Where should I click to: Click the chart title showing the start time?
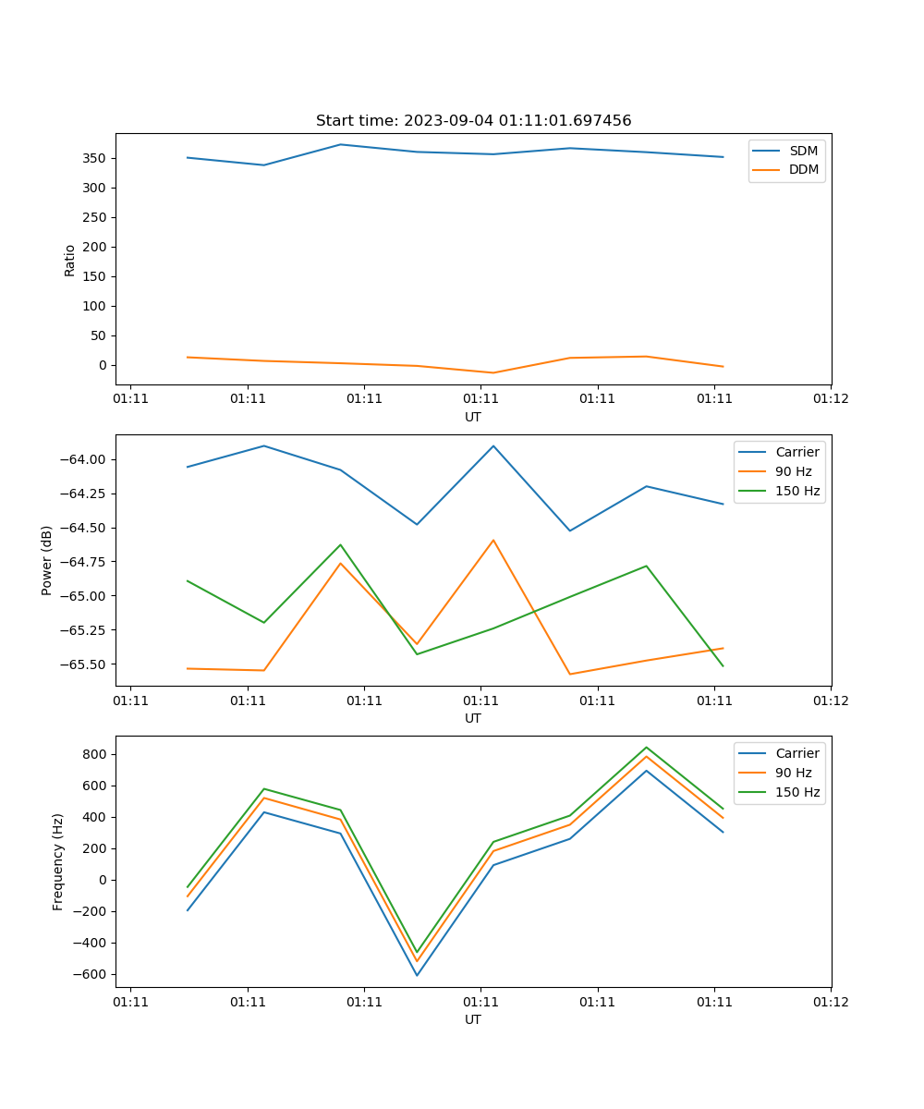point(473,121)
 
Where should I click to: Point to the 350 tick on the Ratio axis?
point(96,158)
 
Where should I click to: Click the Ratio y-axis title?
point(70,260)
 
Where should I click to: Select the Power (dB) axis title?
point(47,560)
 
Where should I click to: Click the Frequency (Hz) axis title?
point(58,861)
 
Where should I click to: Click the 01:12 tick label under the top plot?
point(830,399)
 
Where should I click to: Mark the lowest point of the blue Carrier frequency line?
point(417,975)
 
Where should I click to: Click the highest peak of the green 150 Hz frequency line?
point(646,748)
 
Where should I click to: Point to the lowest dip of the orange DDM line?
point(492,372)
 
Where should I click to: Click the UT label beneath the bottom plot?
point(473,1019)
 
